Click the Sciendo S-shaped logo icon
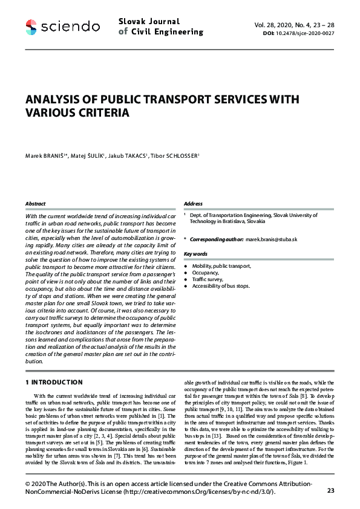31,26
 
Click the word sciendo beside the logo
71,27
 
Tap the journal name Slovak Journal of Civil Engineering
161,27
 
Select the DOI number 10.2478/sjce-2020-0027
304,34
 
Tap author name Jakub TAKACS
125,157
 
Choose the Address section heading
193,204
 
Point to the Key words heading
195,254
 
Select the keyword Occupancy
207,273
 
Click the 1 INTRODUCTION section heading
54,382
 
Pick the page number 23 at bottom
330,490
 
